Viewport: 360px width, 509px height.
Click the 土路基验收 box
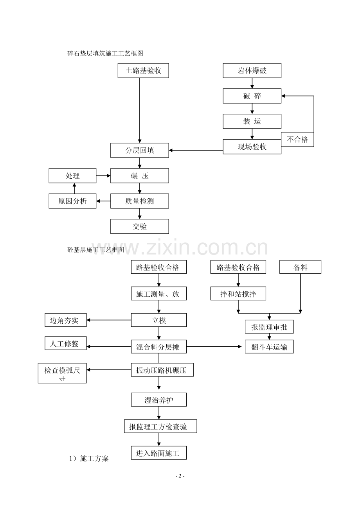[x=143, y=71]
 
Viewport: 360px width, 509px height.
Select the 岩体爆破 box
[x=252, y=71]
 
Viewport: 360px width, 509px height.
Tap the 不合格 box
[x=297, y=140]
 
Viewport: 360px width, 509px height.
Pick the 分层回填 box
[x=140, y=151]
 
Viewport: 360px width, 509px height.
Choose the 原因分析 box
[x=72, y=201]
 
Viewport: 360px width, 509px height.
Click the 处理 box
[x=72, y=176]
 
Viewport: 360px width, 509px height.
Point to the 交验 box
[x=140, y=226]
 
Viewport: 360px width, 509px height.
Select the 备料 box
[x=301, y=267]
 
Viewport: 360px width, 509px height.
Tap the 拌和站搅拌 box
[x=238, y=294]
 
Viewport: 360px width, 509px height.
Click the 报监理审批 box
[x=269, y=327]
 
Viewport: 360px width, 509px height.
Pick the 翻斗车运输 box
[x=269, y=347]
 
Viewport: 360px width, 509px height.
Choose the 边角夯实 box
[x=66, y=320]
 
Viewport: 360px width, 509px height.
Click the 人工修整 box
[x=66, y=344]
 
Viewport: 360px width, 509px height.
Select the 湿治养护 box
[x=158, y=400]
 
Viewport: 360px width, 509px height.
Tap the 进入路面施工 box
[x=158, y=453]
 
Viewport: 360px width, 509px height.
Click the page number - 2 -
[x=180, y=476]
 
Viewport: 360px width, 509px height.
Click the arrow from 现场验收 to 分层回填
[x=196, y=150]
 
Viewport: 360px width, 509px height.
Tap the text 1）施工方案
[x=89, y=459]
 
